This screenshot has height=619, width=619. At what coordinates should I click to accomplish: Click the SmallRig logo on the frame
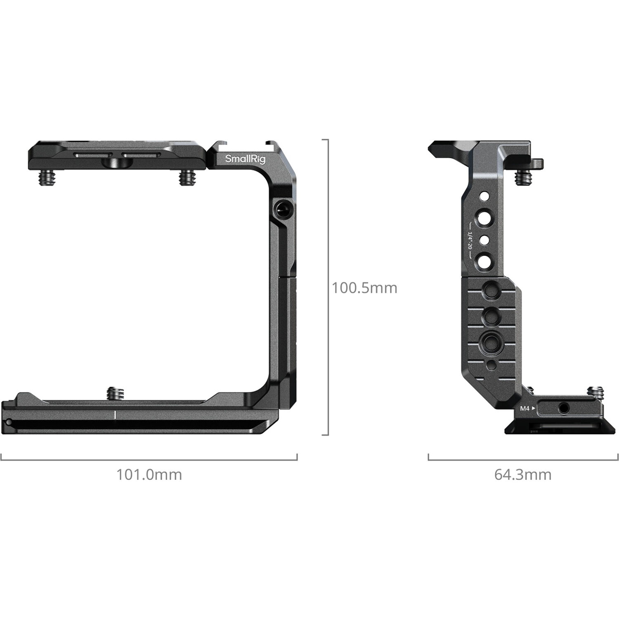click(x=245, y=159)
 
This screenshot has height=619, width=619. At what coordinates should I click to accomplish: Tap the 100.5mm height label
click(x=364, y=288)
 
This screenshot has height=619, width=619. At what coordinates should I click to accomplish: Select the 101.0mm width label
click(x=149, y=475)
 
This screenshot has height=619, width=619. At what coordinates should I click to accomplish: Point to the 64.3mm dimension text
click(x=523, y=475)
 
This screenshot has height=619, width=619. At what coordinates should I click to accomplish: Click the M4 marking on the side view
click(x=524, y=409)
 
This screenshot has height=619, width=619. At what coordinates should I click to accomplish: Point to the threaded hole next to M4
click(x=563, y=409)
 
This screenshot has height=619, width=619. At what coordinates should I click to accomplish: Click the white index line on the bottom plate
click(x=115, y=414)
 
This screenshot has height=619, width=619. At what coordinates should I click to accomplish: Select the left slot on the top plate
click(x=93, y=155)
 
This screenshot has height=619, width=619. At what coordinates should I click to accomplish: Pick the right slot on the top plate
click(x=141, y=155)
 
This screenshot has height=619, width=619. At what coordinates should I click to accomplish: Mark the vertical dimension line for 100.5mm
click(x=328, y=288)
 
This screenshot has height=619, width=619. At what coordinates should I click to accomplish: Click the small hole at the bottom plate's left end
click(x=9, y=421)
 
